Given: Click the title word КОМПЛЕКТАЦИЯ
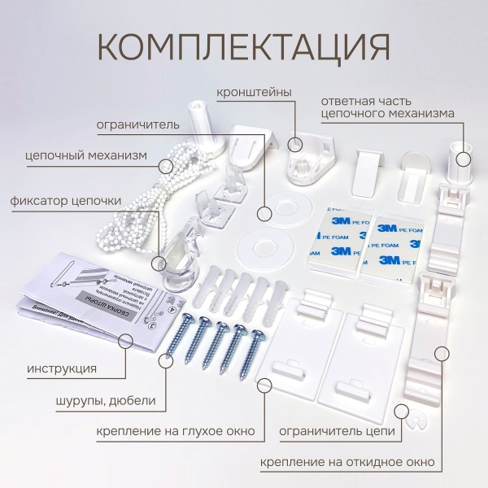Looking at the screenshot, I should point(243,46).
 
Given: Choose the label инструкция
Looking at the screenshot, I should point(62,368).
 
